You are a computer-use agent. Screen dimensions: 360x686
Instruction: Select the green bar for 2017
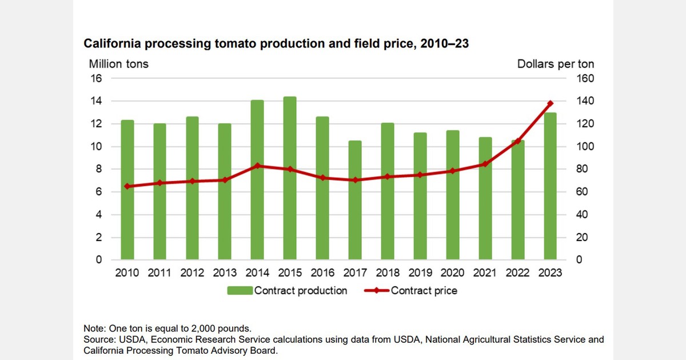point(355,200)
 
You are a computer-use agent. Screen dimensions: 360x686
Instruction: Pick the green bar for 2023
point(551,186)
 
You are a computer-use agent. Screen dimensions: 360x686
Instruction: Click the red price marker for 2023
point(551,103)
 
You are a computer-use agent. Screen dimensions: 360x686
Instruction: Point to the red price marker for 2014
point(257,166)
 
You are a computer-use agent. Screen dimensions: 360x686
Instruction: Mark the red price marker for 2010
point(127,186)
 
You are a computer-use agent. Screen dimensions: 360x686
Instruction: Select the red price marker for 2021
point(485,164)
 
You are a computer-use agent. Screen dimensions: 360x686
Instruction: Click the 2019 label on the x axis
point(420,273)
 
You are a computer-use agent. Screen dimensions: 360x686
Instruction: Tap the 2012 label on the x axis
point(192,273)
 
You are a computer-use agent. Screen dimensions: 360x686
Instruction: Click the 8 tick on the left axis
point(98,169)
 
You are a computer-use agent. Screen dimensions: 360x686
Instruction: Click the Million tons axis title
point(118,63)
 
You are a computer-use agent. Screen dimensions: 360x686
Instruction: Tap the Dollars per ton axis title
point(556,63)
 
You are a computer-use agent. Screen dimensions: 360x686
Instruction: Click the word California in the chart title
point(113,43)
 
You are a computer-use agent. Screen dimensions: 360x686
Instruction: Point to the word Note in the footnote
point(94,328)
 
